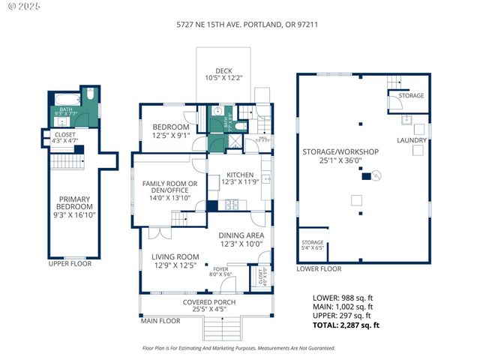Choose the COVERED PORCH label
point(209,302)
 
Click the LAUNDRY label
point(412,140)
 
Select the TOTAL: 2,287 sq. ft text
point(346,325)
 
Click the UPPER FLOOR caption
point(69,264)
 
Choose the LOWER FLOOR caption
point(319,268)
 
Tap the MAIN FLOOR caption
point(160,321)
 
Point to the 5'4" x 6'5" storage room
point(313,244)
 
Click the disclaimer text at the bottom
point(239,348)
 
